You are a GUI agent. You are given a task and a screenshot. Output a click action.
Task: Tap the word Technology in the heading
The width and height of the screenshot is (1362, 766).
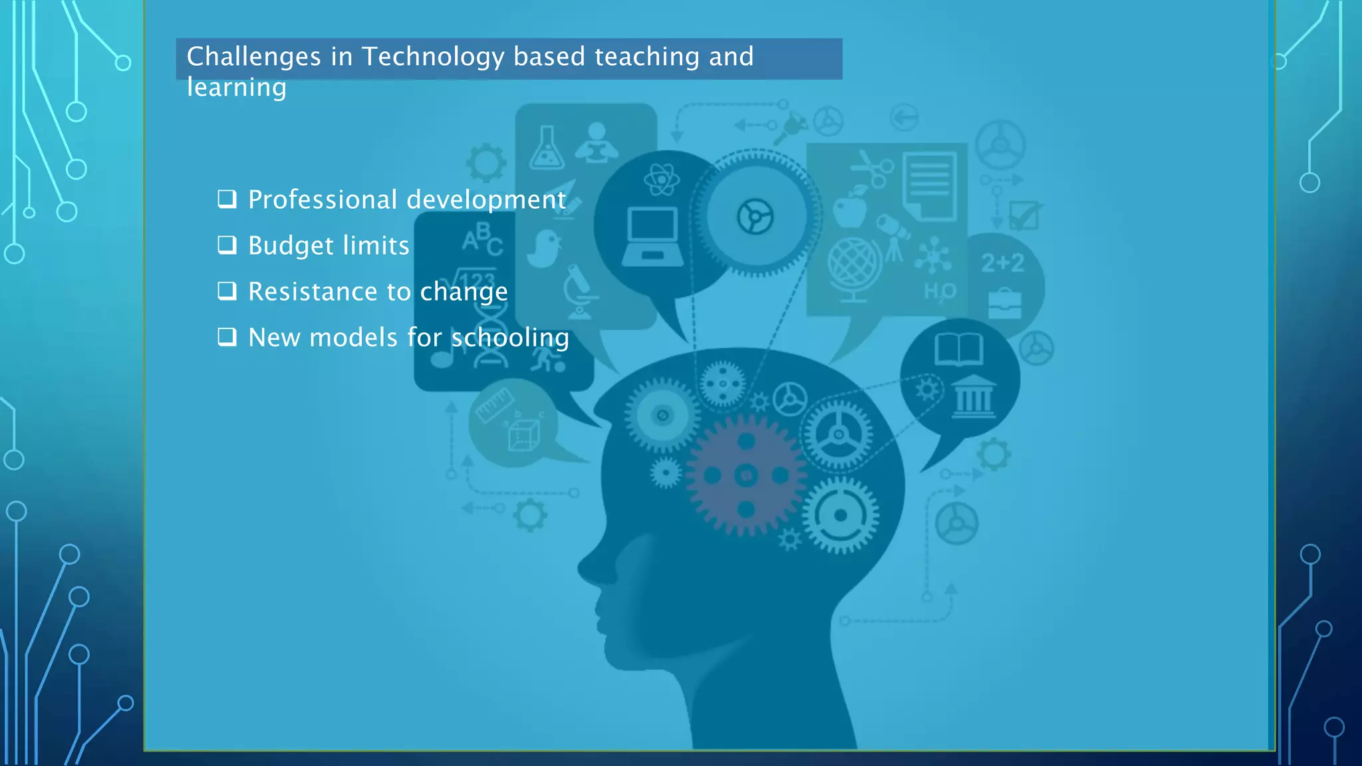[433, 57]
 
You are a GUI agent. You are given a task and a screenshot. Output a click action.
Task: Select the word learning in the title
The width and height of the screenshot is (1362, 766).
[236, 88]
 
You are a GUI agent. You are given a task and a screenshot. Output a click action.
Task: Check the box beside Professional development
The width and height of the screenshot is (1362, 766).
[227, 199]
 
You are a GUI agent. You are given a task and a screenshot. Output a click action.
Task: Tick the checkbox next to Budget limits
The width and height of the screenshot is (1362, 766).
[227, 245]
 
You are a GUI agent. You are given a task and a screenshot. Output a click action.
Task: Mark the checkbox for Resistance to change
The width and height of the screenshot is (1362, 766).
[227, 291]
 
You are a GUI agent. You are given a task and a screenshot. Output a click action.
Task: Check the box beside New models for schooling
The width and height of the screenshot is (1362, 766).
[227, 337]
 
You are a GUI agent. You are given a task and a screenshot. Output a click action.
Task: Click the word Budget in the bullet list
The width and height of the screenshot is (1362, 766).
[291, 246]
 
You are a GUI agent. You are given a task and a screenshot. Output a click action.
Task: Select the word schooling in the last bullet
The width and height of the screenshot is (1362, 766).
[510, 338]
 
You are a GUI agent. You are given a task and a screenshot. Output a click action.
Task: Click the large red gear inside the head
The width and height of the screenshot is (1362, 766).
[746, 475]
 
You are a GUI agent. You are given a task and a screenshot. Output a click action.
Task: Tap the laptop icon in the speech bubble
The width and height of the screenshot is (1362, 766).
[652, 237]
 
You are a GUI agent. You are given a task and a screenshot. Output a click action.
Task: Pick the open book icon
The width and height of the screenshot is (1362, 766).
[958, 349]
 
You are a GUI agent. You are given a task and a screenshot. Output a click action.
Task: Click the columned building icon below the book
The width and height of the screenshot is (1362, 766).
[974, 397]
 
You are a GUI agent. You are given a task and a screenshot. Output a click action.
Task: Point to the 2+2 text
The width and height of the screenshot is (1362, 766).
[1003, 263]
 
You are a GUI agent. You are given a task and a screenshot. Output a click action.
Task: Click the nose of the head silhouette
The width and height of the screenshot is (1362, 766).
[585, 569]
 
